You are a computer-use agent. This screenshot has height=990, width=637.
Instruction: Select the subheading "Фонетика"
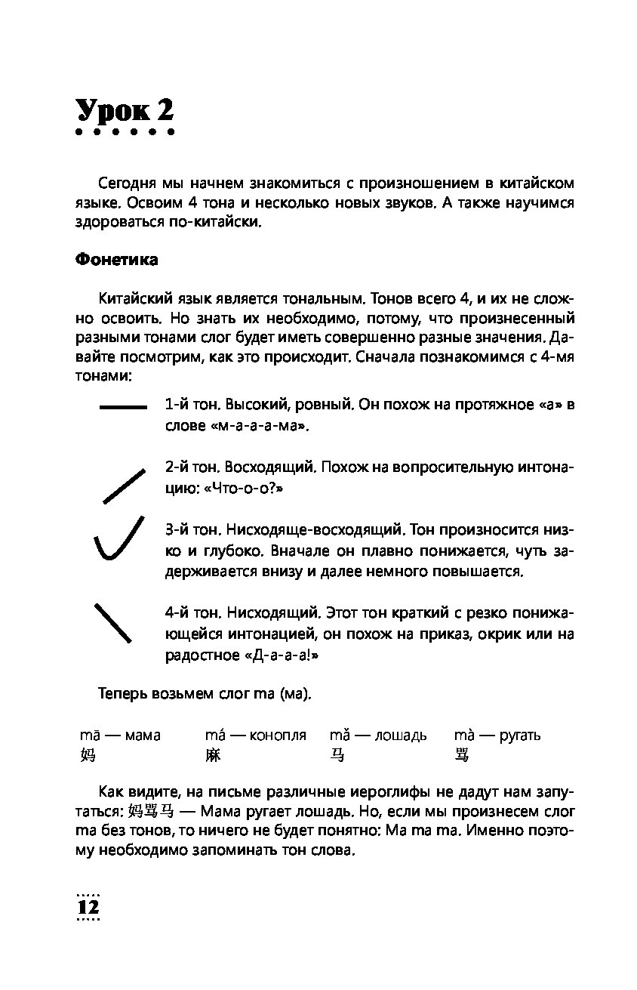117,260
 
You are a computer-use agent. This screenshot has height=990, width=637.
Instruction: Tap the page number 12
88,907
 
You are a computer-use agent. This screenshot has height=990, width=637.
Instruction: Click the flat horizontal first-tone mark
123,408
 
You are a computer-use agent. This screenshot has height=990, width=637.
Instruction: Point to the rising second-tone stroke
123,486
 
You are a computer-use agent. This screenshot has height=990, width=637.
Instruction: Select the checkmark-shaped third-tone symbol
118,538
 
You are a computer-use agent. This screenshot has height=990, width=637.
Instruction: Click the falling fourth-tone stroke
112,622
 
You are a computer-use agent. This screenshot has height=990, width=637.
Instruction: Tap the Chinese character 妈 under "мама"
88,754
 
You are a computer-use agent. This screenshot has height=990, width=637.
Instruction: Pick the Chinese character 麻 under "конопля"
213,754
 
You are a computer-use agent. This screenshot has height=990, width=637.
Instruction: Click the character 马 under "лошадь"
338,754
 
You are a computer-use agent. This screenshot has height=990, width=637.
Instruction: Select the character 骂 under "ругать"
463,754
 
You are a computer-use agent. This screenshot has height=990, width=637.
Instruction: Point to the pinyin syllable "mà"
464,735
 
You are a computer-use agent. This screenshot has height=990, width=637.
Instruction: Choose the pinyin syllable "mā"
91,735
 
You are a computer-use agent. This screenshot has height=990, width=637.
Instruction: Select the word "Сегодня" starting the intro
128,184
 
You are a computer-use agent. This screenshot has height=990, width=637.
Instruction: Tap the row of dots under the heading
125,133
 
